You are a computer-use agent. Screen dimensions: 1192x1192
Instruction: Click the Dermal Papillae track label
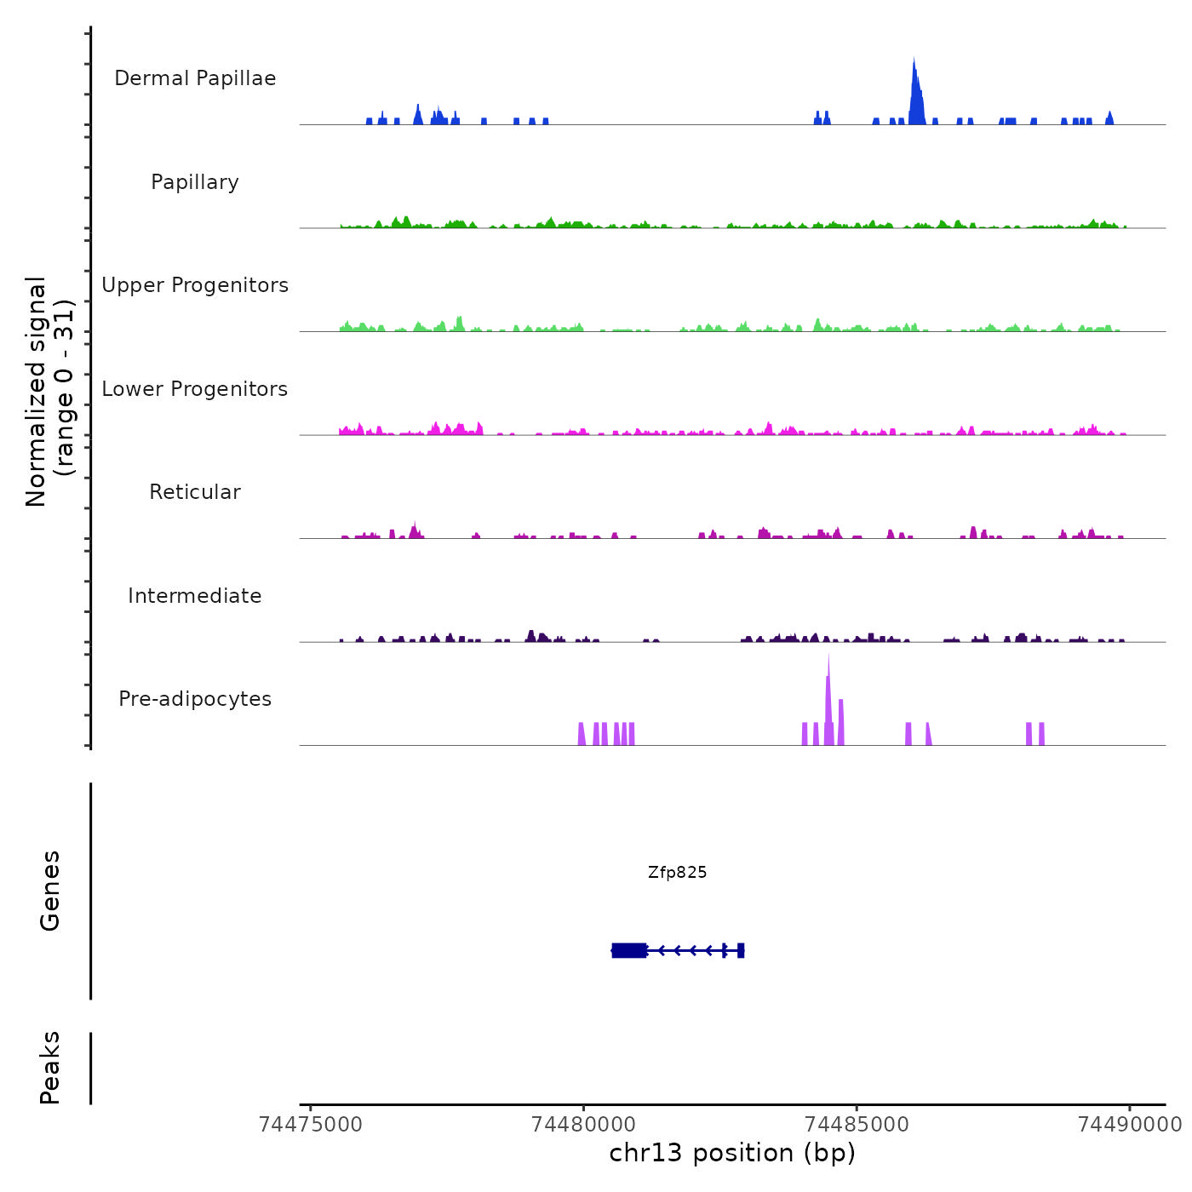click(195, 78)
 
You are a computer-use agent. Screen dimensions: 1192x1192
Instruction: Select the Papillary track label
click(195, 182)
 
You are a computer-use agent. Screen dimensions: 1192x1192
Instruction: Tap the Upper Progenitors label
click(195, 285)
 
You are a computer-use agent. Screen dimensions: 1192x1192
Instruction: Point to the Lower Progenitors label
click(195, 389)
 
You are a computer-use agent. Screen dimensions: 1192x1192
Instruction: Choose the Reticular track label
click(195, 492)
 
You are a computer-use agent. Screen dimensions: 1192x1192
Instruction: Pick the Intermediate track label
click(195, 596)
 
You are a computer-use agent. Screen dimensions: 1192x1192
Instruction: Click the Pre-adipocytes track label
click(195, 699)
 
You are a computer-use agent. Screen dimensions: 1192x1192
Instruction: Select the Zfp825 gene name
click(677, 873)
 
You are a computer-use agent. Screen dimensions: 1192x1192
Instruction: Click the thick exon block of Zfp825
click(629, 950)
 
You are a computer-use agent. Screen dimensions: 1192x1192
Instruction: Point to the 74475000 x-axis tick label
click(311, 1125)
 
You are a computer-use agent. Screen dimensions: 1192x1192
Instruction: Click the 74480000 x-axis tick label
click(584, 1125)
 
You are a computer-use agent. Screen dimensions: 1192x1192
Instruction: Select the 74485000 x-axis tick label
click(857, 1125)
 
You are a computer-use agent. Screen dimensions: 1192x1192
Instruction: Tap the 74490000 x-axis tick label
click(1130, 1125)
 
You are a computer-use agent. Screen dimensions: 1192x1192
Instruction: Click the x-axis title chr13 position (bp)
click(732, 1154)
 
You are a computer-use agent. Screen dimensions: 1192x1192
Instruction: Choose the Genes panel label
click(50, 891)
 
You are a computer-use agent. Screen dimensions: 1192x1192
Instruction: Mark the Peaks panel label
click(50, 1068)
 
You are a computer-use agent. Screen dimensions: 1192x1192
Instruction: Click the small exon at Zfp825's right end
click(741, 950)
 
